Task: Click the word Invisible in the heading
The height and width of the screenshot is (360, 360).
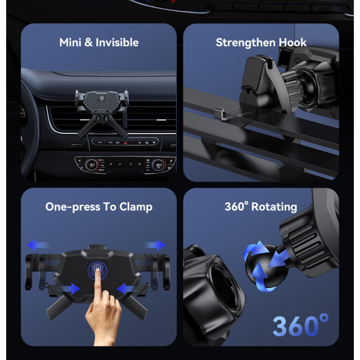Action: [117, 43]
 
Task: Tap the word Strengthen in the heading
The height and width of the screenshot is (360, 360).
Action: [245, 43]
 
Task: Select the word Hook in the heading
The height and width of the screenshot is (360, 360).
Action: [293, 43]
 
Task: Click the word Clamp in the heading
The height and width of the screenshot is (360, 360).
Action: [136, 207]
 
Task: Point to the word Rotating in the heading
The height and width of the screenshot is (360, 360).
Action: [274, 207]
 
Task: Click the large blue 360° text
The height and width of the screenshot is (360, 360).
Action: [301, 325]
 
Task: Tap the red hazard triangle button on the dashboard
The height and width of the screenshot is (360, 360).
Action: [125, 143]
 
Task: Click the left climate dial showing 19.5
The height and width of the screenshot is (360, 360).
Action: [92, 165]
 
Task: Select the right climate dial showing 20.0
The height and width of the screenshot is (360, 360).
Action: [158, 165]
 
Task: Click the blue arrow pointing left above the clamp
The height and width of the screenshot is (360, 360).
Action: [38, 245]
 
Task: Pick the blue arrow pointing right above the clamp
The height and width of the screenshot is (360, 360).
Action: [155, 245]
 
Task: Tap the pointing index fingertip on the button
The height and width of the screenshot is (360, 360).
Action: [98, 271]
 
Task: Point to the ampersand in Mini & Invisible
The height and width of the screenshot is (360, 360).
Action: [88, 43]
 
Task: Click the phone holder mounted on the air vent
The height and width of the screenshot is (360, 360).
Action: [102, 113]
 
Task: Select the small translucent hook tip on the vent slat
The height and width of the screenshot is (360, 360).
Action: [220, 114]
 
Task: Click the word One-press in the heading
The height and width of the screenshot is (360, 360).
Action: [73, 207]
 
